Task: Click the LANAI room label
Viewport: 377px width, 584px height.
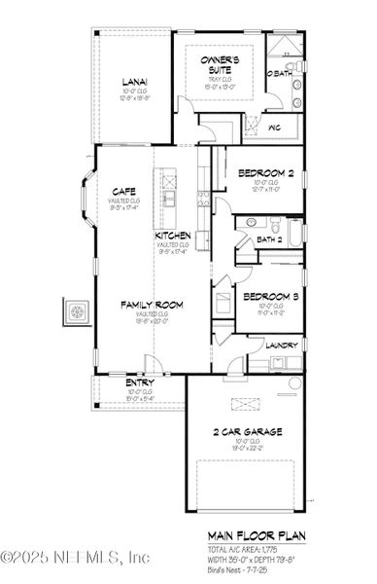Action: pos(133,83)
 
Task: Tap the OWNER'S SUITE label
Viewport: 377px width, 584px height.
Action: pos(218,65)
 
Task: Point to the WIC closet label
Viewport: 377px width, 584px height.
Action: pos(274,127)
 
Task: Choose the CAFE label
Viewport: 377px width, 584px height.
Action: pos(122,191)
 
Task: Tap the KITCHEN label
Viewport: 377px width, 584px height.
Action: pos(172,237)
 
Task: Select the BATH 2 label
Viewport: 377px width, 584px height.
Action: pos(269,239)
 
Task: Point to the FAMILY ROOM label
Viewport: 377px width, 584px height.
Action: pos(152,306)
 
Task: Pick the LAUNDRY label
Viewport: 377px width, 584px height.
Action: pos(280,344)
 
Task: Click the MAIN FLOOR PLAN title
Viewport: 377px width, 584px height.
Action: pos(255,535)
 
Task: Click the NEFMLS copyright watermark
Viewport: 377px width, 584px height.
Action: pos(75,558)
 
